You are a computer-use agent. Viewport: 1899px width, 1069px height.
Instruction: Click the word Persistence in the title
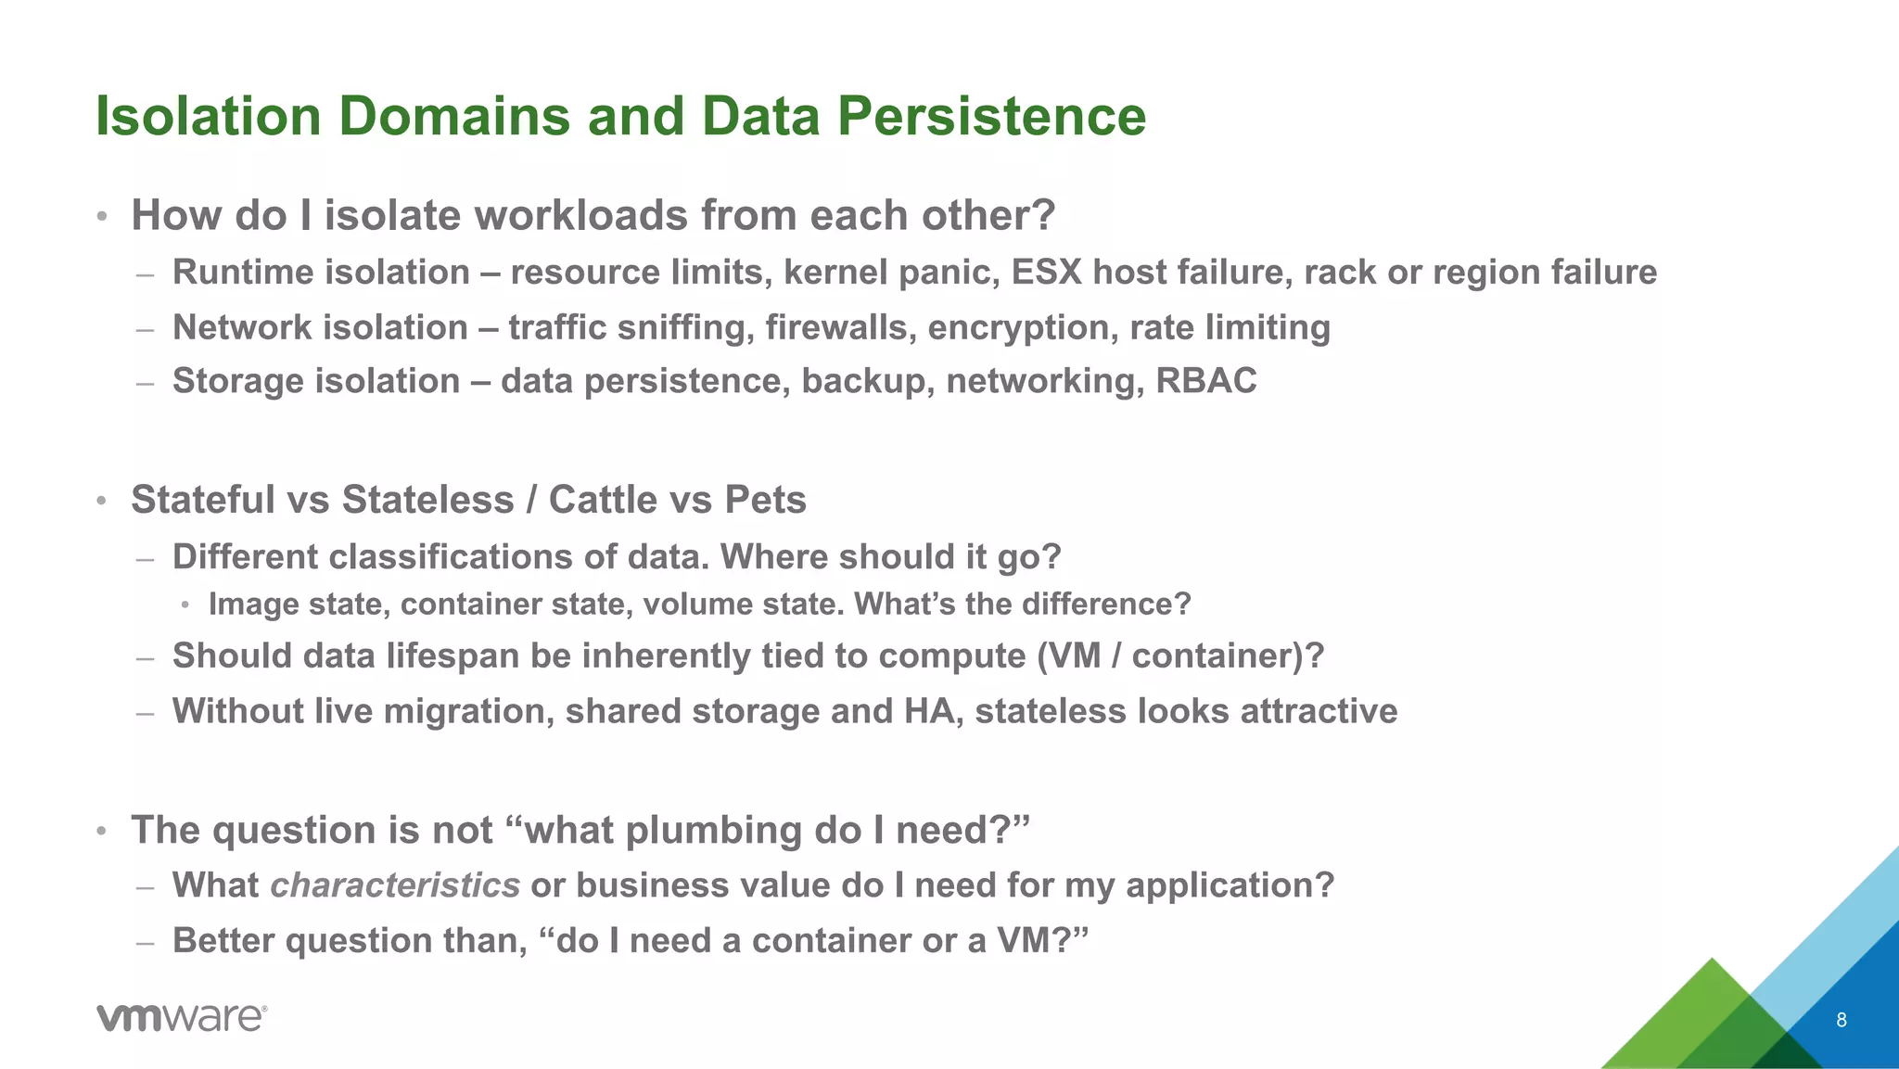pyautogui.click(x=991, y=117)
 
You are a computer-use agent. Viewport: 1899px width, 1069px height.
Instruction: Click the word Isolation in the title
pyautogui.click(x=209, y=117)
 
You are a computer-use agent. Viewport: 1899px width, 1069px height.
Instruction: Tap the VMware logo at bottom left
pyautogui.click(x=182, y=1017)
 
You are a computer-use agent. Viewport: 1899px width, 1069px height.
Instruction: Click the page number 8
pyautogui.click(x=1841, y=1020)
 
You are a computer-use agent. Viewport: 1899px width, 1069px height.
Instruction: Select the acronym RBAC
pyautogui.click(x=1205, y=381)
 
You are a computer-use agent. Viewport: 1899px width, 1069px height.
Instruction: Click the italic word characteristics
pyautogui.click(x=395, y=885)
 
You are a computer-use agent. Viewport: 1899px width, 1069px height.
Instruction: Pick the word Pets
pyautogui.click(x=765, y=500)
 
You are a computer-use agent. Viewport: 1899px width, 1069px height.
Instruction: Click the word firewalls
pyautogui.click(x=840, y=328)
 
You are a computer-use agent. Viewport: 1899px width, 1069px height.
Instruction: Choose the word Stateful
pyautogui.click(x=202, y=500)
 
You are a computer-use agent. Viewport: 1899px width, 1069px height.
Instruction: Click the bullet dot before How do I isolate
pyautogui.click(x=103, y=218)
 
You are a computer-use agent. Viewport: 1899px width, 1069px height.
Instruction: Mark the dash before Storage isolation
pyautogui.click(x=144, y=382)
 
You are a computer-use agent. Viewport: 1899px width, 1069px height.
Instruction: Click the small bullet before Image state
pyautogui.click(x=185, y=605)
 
